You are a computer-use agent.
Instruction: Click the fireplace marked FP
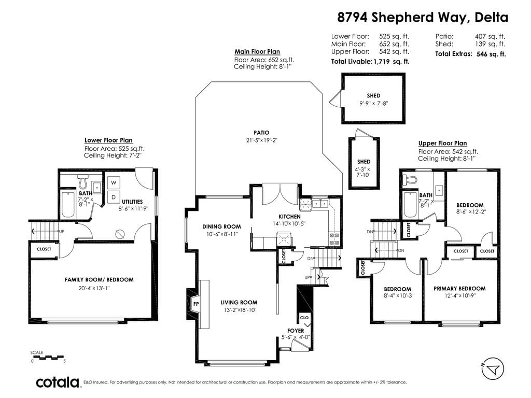pyautogui.click(x=195, y=304)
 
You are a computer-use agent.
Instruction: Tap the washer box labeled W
pyautogui.click(x=114, y=183)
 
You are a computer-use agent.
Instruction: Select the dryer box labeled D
pyautogui.click(x=114, y=197)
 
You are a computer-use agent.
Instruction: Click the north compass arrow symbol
pyautogui.click(x=493, y=369)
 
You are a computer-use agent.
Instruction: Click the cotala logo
pyautogui.click(x=58, y=382)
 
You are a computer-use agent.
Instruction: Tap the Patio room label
pyautogui.click(x=261, y=133)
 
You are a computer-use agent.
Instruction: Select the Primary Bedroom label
pyautogui.click(x=459, y=288)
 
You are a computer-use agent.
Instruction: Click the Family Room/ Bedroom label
pyautogui.click(x=99, y=279)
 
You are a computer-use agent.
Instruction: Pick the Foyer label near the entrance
pyautogui.click(x=296, y=330)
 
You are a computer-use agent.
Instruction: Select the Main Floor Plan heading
pyautogui.click(x=257, y=51)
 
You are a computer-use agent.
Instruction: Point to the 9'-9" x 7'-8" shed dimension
pyautogui.click(x=373, y=103)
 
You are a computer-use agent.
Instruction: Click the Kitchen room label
pyautogui.click(x=289, y=216)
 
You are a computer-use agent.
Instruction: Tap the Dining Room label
pyautogui.click(x=221, y=226)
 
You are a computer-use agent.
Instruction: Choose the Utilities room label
pyautogui.click(x=132, y=202)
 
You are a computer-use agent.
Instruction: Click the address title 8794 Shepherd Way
pyautogui.click(x=403, y=17)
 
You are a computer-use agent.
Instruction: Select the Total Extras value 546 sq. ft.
pyautogui.click(x=491, y=54)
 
